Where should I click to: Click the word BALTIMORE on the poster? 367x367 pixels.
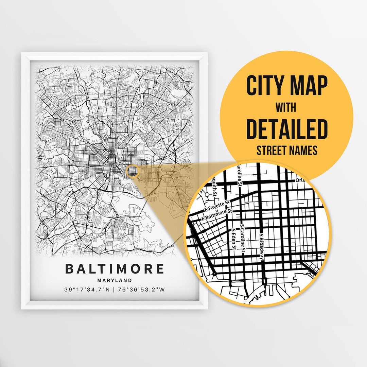click(115, 269)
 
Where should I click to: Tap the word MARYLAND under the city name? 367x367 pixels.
click(115, 280)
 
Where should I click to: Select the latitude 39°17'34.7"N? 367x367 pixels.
click(87, 290)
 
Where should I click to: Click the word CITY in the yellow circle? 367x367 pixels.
click(264, 86)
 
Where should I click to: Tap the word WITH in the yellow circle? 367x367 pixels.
click(286, 108)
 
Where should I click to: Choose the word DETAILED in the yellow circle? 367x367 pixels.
click(287, 129)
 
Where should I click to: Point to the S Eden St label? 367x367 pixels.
click(234, 240)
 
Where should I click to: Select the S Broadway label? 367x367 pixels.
click(262, 246)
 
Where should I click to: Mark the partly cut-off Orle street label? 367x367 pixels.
click(301, 180)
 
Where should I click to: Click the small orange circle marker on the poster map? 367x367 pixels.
click(133, 171)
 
